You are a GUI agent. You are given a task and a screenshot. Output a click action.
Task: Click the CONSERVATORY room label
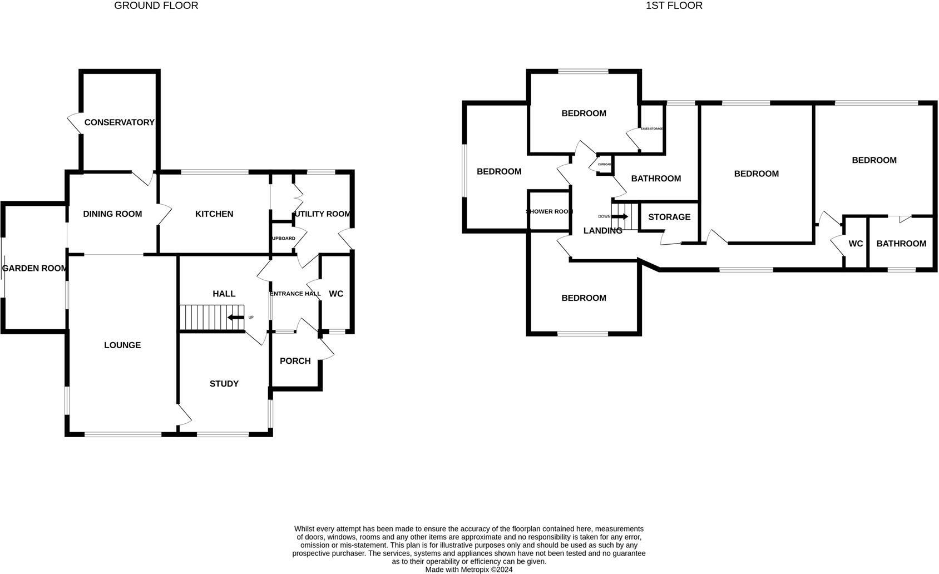coord(119,122)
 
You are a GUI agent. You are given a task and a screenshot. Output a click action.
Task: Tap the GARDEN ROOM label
coord(34,268)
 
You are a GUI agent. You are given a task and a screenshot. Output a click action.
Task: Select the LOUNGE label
coord(122,345)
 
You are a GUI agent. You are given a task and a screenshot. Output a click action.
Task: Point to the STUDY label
coord(224,384)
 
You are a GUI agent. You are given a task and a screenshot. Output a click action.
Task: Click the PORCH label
coord(295,361)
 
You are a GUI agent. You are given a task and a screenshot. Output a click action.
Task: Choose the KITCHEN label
coord(214,214)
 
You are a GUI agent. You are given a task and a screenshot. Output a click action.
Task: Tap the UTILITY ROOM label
coord(323,214)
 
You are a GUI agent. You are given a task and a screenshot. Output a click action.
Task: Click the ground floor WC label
coord(336,294)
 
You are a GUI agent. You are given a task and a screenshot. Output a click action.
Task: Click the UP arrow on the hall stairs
coord(236,318)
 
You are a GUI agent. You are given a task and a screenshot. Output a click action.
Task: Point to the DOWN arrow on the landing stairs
coord(620,216)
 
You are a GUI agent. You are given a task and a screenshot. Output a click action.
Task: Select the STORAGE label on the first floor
coord(669,217)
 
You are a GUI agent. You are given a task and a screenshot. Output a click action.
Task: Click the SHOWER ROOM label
coord(549,211)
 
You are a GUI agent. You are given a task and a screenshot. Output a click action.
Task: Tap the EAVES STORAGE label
coord(652,128)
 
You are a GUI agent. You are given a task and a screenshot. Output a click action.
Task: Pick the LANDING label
coord(602,231)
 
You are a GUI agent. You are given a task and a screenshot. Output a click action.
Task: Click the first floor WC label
coord(856,244)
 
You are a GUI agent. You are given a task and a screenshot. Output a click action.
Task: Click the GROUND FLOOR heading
coord(156,6)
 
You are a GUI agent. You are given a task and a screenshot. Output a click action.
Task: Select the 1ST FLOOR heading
coord(674,6)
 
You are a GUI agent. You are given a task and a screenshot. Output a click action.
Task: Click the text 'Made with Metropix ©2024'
coord(469,570)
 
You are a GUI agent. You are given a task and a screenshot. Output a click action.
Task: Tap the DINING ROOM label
coord(112,214)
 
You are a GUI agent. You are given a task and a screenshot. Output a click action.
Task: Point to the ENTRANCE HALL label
coord(295,294)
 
